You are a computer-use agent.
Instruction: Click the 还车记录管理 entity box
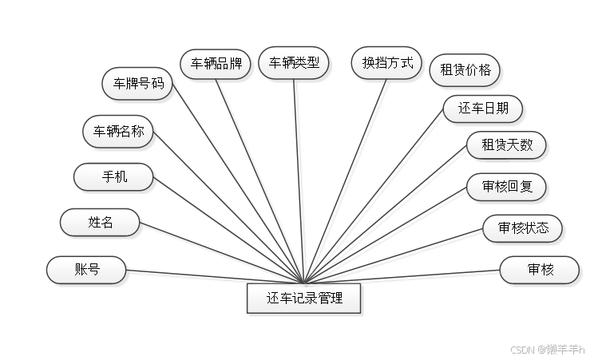[304, 299]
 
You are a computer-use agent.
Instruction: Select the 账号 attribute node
[87, 270]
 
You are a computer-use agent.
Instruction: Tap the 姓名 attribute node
[101, 223]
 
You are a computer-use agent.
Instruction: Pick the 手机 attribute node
[113, 177]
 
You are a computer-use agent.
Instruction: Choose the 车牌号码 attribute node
[137, 83]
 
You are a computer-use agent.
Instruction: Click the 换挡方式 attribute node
[387, 62]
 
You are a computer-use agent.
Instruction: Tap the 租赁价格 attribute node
[465, 69]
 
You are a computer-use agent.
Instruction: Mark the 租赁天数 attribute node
[507, 146]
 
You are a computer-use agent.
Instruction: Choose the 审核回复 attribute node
[507, 188]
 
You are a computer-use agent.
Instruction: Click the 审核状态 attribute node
[523, 228]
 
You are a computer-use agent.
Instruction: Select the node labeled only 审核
[540, 270]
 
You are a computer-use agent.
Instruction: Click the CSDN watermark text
[547, 349]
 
